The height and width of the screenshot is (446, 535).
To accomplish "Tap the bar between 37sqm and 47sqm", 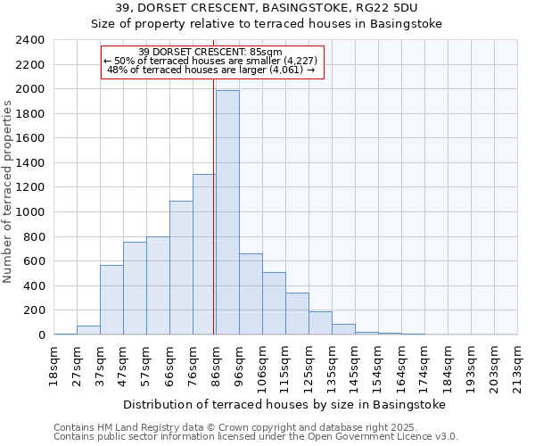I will tap(111, 300).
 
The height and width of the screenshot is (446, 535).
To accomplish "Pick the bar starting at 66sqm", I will tap(181, 268).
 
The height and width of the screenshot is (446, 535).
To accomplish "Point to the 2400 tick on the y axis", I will tap(30, 40).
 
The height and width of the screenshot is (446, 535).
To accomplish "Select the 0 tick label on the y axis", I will tap(41, 335).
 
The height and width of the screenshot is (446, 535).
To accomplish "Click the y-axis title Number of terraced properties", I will tap(8, 192).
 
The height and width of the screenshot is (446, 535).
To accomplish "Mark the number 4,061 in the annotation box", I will tap(285, 69).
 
